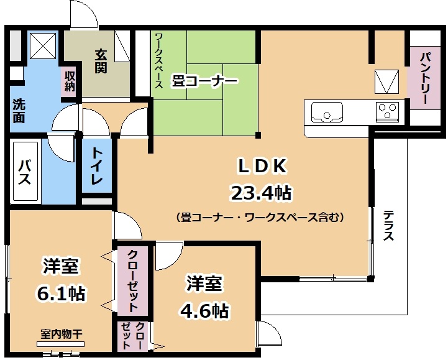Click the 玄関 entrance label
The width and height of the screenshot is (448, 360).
pyautogui.click(x=101, y=61)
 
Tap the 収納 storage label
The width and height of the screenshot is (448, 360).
pyautogui.click(x=70, y=81)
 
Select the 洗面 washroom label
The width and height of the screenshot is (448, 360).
pyautogui.click(x=19, y=111)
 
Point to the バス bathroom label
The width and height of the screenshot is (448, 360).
pyautogui.click(x=25, y=172)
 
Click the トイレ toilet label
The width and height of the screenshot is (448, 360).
pyautogui.click(x=97, y=166)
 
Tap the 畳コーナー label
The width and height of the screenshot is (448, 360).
pyautogui.click(x=204, y=81)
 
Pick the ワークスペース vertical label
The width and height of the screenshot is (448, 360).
pyautogui.click(x=159, y=60)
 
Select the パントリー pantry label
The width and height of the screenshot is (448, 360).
pyautogui.click(x=425, y=78)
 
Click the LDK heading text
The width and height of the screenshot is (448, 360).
pyautogui.click(x=262, y=167)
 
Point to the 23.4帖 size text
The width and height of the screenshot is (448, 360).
pyautogui.click(x=262, y=193)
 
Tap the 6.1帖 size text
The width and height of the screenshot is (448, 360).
pyautogui.click(x=61, y=293)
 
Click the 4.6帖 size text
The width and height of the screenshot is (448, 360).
pyautogui.click(x=204, y=311)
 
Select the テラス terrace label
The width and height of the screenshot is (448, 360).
pyautogui.click(x=388, y=226)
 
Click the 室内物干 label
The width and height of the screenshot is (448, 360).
pyautogui.click(x=61, y=334)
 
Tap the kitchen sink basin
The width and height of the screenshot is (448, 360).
pyautogui.click(x=327, y=112)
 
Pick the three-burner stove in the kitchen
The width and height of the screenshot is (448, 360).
pyautogui.click(x=387, y=112)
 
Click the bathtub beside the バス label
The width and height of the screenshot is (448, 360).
pyautogui.click(x=25, y=172)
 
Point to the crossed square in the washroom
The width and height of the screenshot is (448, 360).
pyautogui.click(x=43, y=45)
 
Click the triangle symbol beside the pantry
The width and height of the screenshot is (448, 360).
pyautogui.click(x=386, y=82)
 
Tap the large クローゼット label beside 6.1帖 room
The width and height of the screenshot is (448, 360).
pyautogui.click(x=132, y=281)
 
